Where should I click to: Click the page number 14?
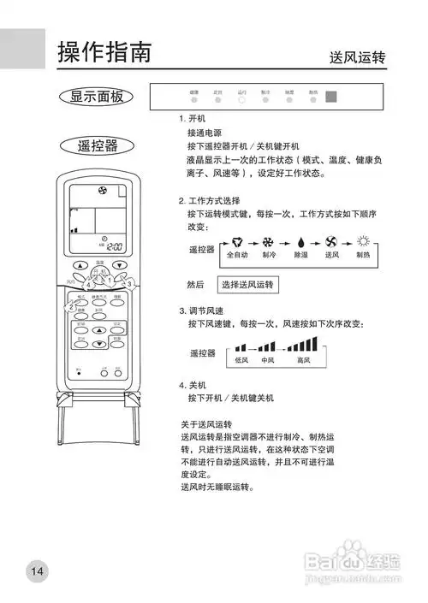click(37, 570)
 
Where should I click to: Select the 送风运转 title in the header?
click(357, 57)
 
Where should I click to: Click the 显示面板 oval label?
click(96, 96)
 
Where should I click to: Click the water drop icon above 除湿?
click(301, 218)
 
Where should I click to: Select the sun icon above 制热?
click(363, 217)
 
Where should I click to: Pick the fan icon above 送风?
click(332, 218)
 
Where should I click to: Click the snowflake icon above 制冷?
click(269, 218)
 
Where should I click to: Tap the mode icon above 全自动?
click(237, 218)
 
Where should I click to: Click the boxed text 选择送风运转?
click(248, 284)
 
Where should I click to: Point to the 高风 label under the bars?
click(303, 361)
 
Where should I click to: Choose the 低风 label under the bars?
click(241, 361)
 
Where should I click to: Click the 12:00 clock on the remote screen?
click(106, 245)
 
